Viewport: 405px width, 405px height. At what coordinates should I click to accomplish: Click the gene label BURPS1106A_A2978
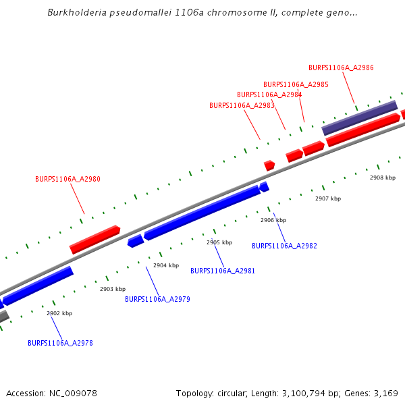coord(60,343)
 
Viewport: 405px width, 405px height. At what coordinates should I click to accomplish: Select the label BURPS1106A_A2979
coord(157,299)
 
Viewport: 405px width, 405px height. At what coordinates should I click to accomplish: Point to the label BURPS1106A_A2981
coord(223,271)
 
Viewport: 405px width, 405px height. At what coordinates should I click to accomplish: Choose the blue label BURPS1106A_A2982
coord(284,246)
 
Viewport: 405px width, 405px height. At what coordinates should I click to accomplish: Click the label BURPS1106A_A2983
coord(242,105)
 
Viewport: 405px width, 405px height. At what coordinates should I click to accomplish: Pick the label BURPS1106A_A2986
coord(341,67)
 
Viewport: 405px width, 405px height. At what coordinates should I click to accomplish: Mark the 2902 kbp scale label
coord(59,313)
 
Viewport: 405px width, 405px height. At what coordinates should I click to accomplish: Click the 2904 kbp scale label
coord(166,265)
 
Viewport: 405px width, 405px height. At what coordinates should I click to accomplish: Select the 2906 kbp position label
coord(273,220)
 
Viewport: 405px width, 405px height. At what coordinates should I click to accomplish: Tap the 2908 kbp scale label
coord(382,178)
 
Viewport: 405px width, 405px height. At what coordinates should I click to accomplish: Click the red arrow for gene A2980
coord(94,240)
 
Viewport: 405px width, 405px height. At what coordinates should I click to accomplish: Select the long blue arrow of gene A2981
coord(202,213)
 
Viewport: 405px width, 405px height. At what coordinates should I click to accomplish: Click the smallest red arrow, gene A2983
coord(269,165)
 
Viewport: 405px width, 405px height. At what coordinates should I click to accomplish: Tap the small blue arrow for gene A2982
coord(264,186)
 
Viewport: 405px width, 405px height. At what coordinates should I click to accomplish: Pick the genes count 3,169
coord(385,393)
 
